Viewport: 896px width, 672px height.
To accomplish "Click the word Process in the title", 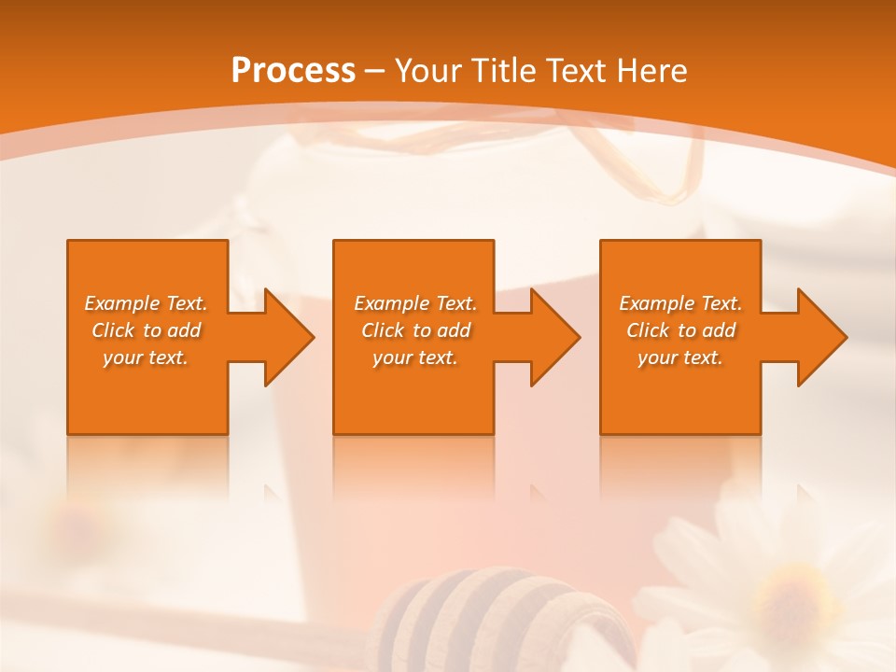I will (x=293, y=70).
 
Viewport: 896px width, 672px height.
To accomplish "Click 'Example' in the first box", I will (x=121, y=303).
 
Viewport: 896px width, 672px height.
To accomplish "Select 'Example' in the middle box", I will (x=391, y=303).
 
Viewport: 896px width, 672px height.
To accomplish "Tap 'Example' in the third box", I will (x=656, y=303).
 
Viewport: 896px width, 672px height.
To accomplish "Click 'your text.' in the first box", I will (x=146, y=357).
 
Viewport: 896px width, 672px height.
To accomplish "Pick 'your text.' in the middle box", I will (x=415, y=357).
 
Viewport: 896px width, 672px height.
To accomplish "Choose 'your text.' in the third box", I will (x=680, y=357).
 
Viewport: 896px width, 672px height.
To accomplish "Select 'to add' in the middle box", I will (x=441, y=330).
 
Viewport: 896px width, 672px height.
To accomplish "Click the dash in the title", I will (x=374, y=71).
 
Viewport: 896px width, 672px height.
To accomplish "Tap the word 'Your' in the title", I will (x=426, y=70).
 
